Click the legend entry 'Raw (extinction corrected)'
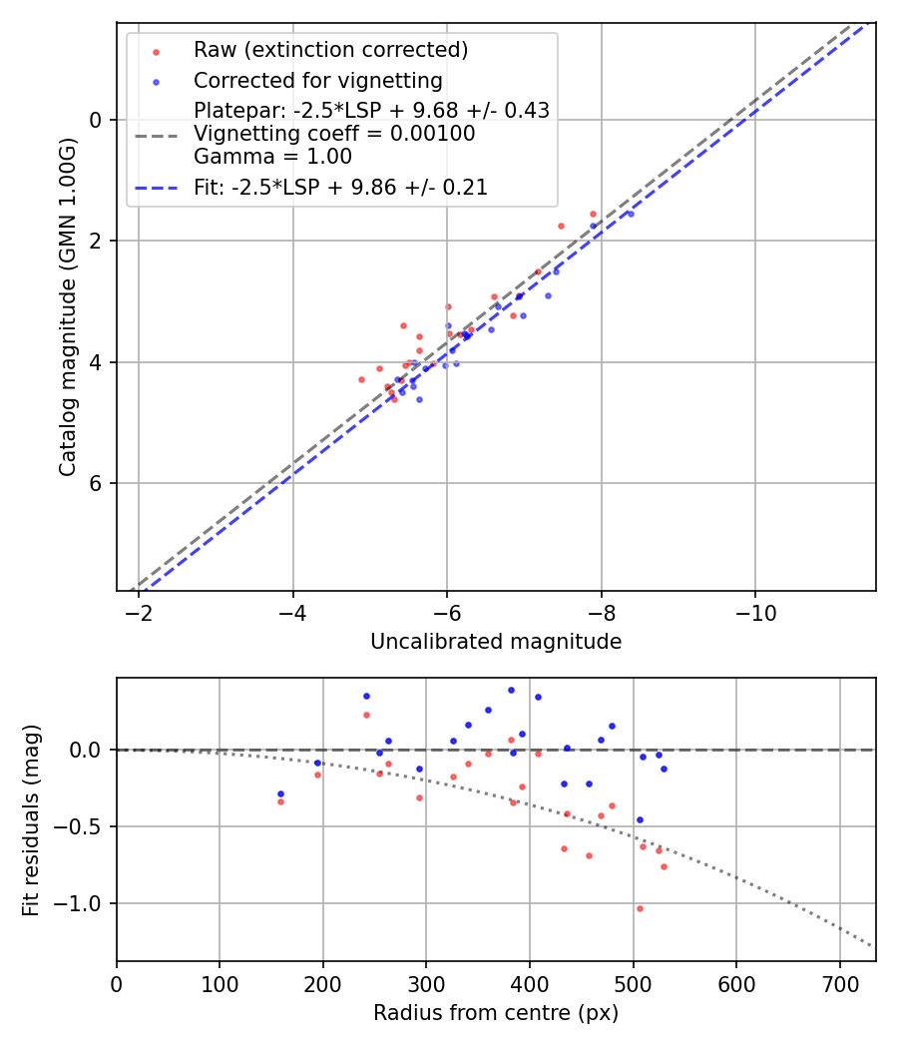click(x=330, y=50)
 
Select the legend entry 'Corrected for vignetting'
click(x=318, y=80)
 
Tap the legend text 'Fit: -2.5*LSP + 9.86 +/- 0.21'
click(x=340, y=187)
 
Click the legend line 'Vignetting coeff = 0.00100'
click(x=334, y=134)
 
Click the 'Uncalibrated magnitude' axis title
click(x=496, y=642)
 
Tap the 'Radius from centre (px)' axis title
click(x=496, y=1013)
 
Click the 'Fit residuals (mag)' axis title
click(x=31, y=819)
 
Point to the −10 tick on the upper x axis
click(x=755, y=610)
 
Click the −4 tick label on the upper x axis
click(x=293, y=610)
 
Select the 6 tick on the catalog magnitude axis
click(x=96, y=484)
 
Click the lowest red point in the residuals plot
click(x=640, y=908)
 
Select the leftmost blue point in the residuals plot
click(x=280, y=793)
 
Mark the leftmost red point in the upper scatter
click(x=361, y=379)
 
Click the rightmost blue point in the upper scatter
click(x=630, y=214)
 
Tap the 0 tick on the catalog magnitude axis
click(x=96, y=120)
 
